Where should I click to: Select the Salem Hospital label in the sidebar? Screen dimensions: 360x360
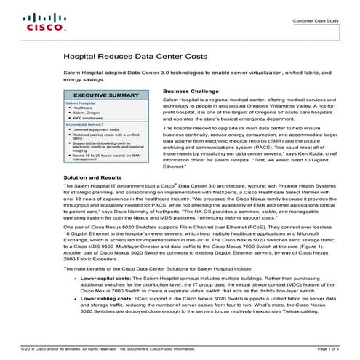pyautogui.click(x=81, y=104)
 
